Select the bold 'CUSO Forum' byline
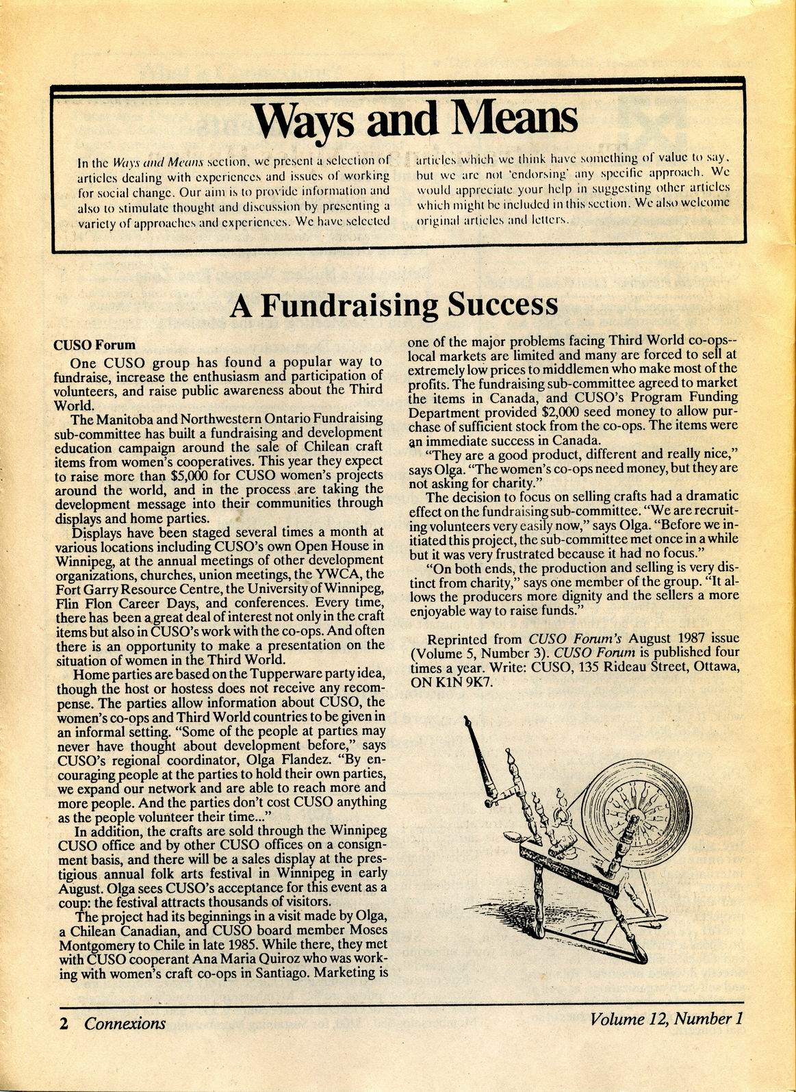pos(94,345)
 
